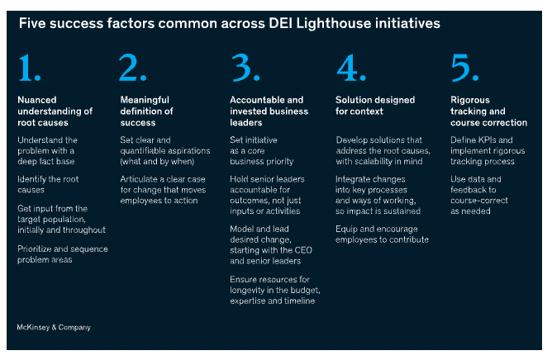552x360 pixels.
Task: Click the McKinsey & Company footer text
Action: click(54, 327)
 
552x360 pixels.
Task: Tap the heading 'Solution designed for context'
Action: click(375, 105)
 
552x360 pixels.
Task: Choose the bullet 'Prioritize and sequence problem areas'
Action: click(62, 253)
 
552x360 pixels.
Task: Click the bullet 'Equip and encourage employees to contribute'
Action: click(382, 234)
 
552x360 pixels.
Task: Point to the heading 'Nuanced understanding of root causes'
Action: click(55, 111)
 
